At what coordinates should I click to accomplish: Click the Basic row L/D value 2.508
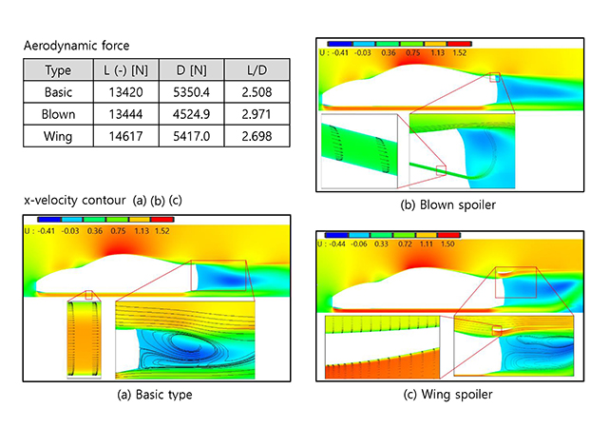point(257,92)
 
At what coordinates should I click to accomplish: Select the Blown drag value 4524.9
point(192,114)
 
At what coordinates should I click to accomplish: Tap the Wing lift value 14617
point(125,136)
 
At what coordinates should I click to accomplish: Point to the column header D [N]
point(192,70)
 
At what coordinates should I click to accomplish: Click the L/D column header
point(257,70)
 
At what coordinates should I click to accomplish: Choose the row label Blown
point(58,114)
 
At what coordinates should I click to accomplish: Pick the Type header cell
point(58,70)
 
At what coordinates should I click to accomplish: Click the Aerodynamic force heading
point(77,46)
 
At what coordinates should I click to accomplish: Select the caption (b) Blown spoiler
point(447,204)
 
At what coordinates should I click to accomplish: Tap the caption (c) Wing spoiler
point(447,395)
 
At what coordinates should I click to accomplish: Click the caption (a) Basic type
point(155,395)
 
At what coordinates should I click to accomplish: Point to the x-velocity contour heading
point(75,200)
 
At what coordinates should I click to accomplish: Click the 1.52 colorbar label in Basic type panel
point(162,231)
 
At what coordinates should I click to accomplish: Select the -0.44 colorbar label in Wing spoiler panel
point(337,244)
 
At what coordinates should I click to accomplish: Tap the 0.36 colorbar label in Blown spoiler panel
point(389,52)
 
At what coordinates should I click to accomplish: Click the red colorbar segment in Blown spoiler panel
point(460,44)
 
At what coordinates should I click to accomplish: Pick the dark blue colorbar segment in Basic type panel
point(49,220)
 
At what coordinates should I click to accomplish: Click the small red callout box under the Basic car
point(89,295)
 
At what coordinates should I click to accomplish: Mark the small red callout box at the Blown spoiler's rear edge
point(494,77)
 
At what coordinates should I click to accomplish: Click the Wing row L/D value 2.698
point(257,136)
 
